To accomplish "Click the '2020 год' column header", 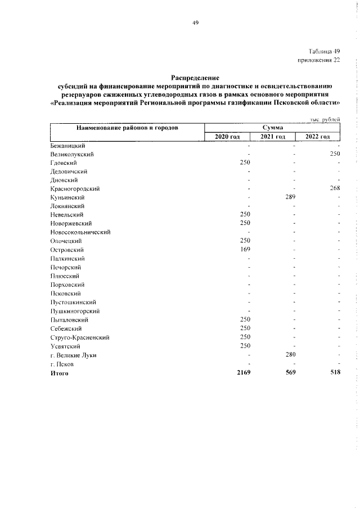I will (227, 137).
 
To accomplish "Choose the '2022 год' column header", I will (318, 137).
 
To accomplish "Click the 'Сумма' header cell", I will (272, 128).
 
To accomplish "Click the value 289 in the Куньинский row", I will (290, 197).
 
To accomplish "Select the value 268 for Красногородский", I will (335, 189).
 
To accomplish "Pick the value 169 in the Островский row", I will (245, 250).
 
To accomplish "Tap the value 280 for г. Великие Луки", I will (290, 354).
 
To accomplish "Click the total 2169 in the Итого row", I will (243, 372).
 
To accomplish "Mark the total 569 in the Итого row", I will (289, 372).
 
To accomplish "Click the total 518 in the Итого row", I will (335, 372).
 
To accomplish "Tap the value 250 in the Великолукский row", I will (335, 154).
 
